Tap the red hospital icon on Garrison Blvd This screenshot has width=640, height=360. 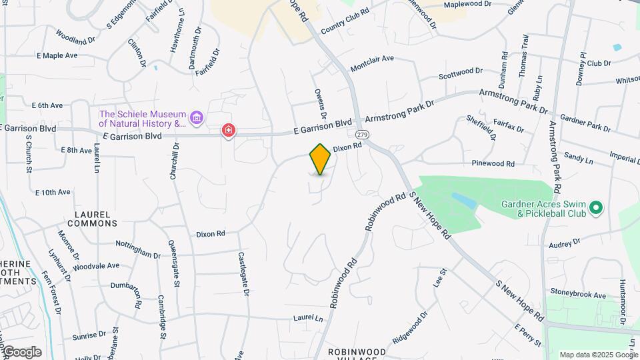tap(229, 130)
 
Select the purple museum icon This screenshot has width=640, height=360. tap(196, 119)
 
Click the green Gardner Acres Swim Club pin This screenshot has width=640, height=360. tap(597, 208)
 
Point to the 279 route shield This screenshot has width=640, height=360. tap(362, 134)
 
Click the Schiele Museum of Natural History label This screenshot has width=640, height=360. tap(143, 118)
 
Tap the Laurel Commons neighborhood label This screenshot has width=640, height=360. tap(92, 219)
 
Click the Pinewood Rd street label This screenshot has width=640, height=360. tap(493, 163)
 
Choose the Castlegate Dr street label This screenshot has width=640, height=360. tap(245, 274)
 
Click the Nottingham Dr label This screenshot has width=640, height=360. tap(138, 249)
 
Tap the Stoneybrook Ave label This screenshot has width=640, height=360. tap(578, 293)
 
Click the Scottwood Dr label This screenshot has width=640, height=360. tap(461, 71)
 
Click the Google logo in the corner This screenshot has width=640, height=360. tap(21, 351)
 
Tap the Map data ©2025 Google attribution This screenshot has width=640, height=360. tap(599, 355)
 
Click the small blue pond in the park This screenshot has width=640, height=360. tap(464, 199)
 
